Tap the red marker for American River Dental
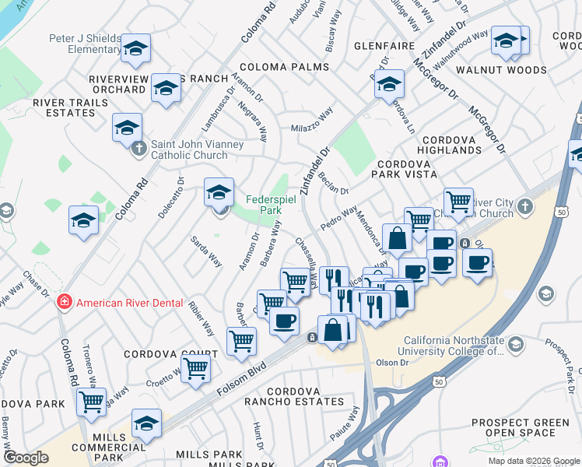(65, 303)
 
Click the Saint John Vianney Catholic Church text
(189, 149)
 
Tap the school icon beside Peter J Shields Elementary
(135, 50)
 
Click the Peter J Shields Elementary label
(84, 44)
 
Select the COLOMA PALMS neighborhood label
(284, 67)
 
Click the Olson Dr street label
(392, 363)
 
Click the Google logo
(26, 458)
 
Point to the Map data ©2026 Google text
(533, 461)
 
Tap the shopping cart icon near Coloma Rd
(92, 402)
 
